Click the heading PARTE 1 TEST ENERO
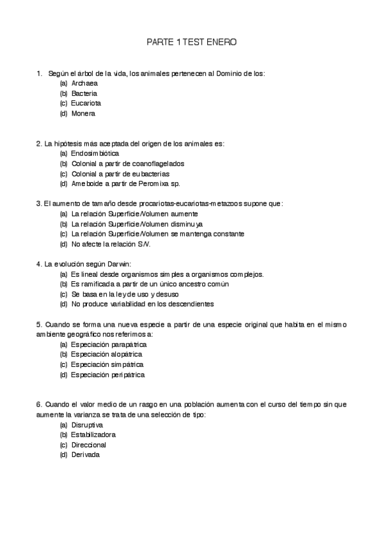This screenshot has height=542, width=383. (x=192, y=42)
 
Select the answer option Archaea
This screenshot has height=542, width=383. (x=84, y=83)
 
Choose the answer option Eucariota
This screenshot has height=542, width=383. (x=86, y=103)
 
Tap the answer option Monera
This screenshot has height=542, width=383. (x=83, y=113)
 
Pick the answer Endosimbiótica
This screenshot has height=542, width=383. (x=95, y=153)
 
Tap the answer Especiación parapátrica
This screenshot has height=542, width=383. (x=104, y=344)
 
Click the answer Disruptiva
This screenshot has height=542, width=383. (x=87, y=424)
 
